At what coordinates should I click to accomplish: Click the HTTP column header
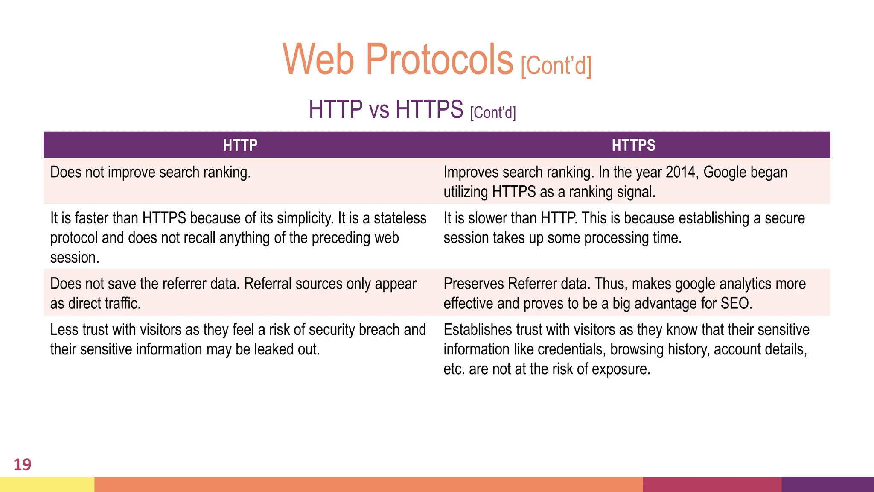point(240,145)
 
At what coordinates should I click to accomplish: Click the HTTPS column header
point(633,145)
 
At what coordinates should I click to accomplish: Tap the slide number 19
point(22,465)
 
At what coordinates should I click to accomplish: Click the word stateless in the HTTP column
point(400,218)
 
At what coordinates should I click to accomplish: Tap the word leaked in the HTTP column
point(274,349)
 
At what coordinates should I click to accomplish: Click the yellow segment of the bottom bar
point(47,484)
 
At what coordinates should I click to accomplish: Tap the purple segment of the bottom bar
point(827,484)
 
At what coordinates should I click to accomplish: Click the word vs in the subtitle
point(379,110)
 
